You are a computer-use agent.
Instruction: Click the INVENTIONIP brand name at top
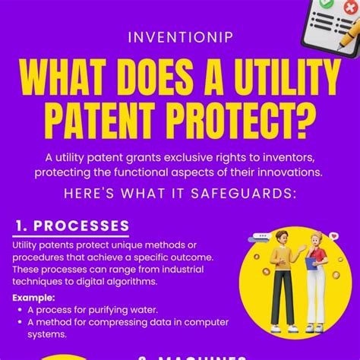[x=180, y=36]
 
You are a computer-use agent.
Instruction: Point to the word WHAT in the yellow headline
[x=69, y=78]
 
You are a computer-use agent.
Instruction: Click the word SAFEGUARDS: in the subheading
[x=245, y=194]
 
